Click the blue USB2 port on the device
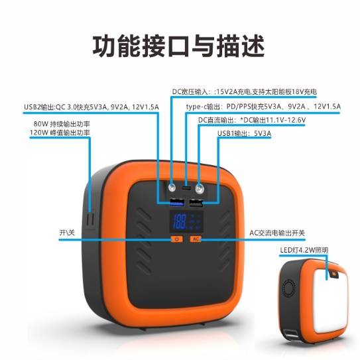coord(177,202)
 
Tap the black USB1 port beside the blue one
coord(196,203)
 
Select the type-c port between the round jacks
coord(186,189)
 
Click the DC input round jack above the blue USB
coord(172,188)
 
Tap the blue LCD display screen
coord(186,222)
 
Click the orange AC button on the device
coord(196,239)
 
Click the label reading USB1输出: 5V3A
coord(244,133)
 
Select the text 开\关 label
coord(67,233)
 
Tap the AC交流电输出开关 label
coord(277,233)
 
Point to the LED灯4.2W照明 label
coord(304,250)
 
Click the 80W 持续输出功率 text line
coord(62,124)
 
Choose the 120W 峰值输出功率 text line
coord(60,133)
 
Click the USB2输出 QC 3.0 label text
coord(91,107)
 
